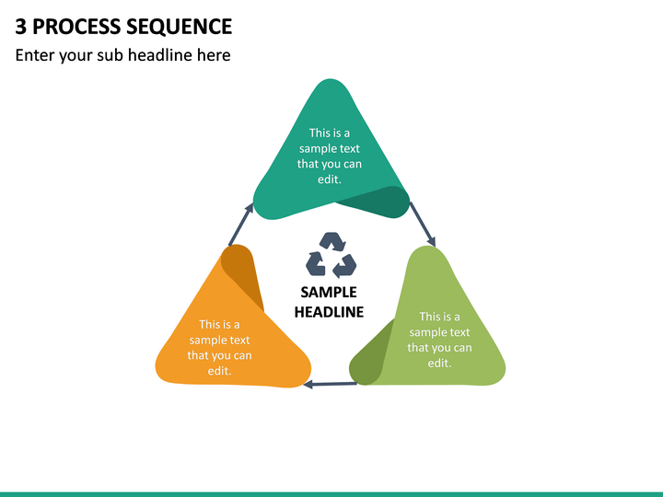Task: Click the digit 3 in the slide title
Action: click(x=20, y=27)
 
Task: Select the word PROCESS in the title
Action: click(x=76, y=27)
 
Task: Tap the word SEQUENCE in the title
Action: click(x=180, y=27)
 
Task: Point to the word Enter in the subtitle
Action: click(x=35, y=55)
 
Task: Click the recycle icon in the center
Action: click(x=331, y=255)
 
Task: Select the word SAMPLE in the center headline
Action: click(x=329, y=292)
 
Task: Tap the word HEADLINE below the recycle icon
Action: click(x=329, y=312)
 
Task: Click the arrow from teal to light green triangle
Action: click(x=423, y=224)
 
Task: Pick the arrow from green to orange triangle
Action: click(x=331, y=384)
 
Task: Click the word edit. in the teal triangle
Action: click(x=330, y=179)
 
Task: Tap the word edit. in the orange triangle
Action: click(x=219, y=371)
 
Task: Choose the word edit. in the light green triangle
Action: click(x=439, y=363)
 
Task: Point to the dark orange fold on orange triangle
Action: click(x=243, y=274)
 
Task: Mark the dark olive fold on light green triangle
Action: click(x=370, y=355)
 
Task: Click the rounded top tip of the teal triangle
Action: click(x=330, y=79)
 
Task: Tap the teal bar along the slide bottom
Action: click(x=331, y=494)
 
